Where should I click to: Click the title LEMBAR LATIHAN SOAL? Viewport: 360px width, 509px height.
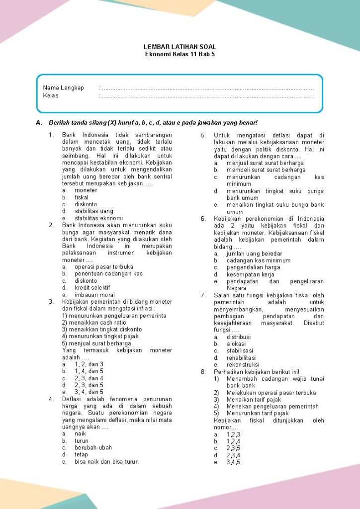click(180, 47)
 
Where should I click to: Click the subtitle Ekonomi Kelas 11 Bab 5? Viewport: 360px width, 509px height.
click(180, 54)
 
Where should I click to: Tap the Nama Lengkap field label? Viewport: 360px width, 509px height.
click(63, 88)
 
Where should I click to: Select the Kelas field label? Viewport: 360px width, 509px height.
click(51, 95)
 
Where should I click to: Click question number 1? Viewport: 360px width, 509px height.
click(51, 135)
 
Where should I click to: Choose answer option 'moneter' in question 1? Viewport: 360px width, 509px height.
click(86, 190)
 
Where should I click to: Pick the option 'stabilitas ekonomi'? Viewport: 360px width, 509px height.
click(98, 218)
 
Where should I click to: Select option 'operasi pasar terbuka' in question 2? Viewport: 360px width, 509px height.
click(104, 267)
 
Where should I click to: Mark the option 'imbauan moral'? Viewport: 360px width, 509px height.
click(94, 295)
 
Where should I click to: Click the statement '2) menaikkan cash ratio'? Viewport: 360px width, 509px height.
click(94, 323)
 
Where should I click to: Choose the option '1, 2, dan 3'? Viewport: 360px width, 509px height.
click(89, 364)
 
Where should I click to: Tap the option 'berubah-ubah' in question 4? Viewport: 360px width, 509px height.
click(92, 448)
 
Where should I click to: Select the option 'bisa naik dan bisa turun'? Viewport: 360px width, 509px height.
click(106, 462)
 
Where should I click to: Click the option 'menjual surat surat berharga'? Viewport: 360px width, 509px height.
click(265, 163)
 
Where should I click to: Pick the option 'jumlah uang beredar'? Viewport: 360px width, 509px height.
click(254, 254)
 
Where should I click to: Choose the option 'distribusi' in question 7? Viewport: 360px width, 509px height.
click(239, 337)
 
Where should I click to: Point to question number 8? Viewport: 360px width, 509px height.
click(203, 372)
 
